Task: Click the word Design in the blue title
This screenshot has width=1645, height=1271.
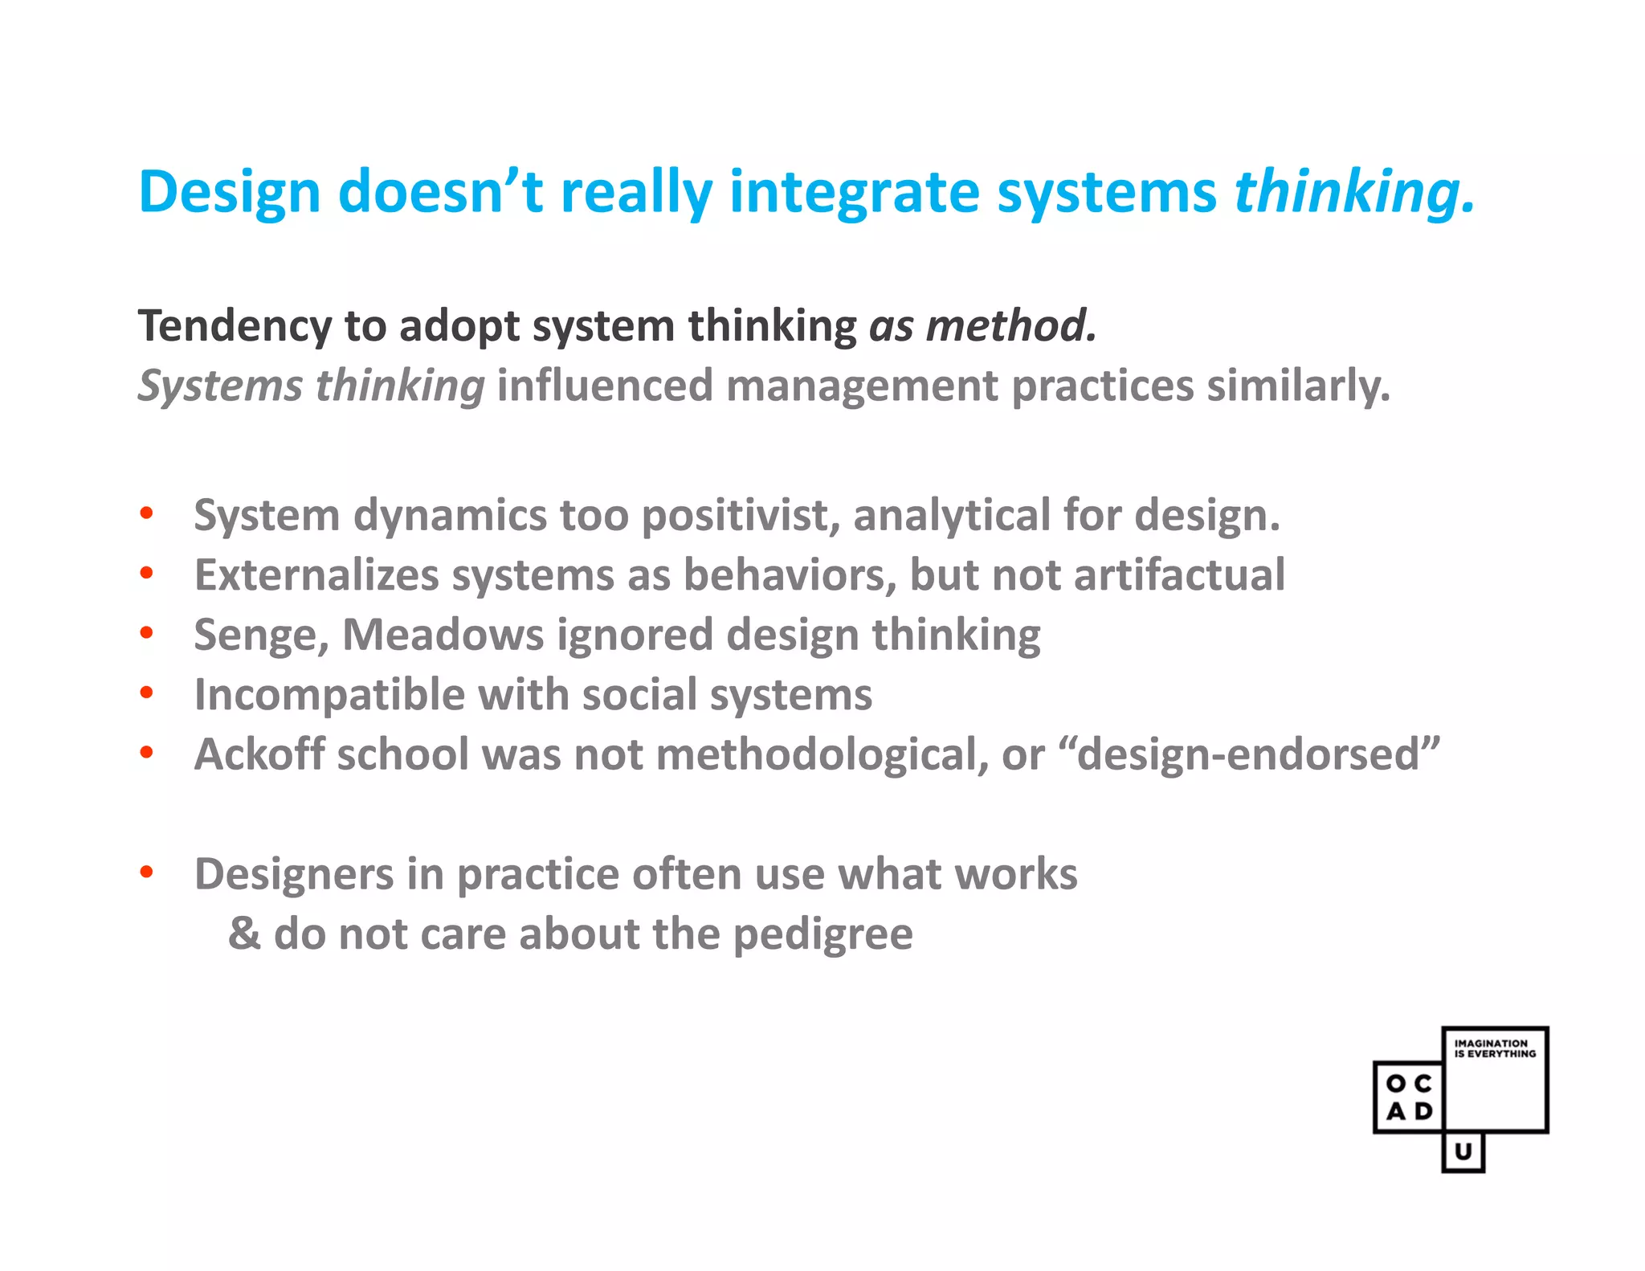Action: tap(230, 193)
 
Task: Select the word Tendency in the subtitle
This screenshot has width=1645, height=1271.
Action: tap(234, 327)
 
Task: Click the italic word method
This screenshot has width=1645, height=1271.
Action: tap(1010, 326)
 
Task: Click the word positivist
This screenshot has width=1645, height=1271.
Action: tap(739, 515)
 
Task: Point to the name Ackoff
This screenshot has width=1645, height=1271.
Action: tap(259, 754)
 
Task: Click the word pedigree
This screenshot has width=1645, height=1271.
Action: tap(822, 934)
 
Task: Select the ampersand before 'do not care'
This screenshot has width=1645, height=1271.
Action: tap(244, 934)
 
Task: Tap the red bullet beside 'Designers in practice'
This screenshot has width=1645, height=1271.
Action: tap(146, 873)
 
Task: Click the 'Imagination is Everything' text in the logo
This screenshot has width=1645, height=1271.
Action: tap(1494, 1048)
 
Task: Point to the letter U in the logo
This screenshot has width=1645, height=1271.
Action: tap(1463, 1151)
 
